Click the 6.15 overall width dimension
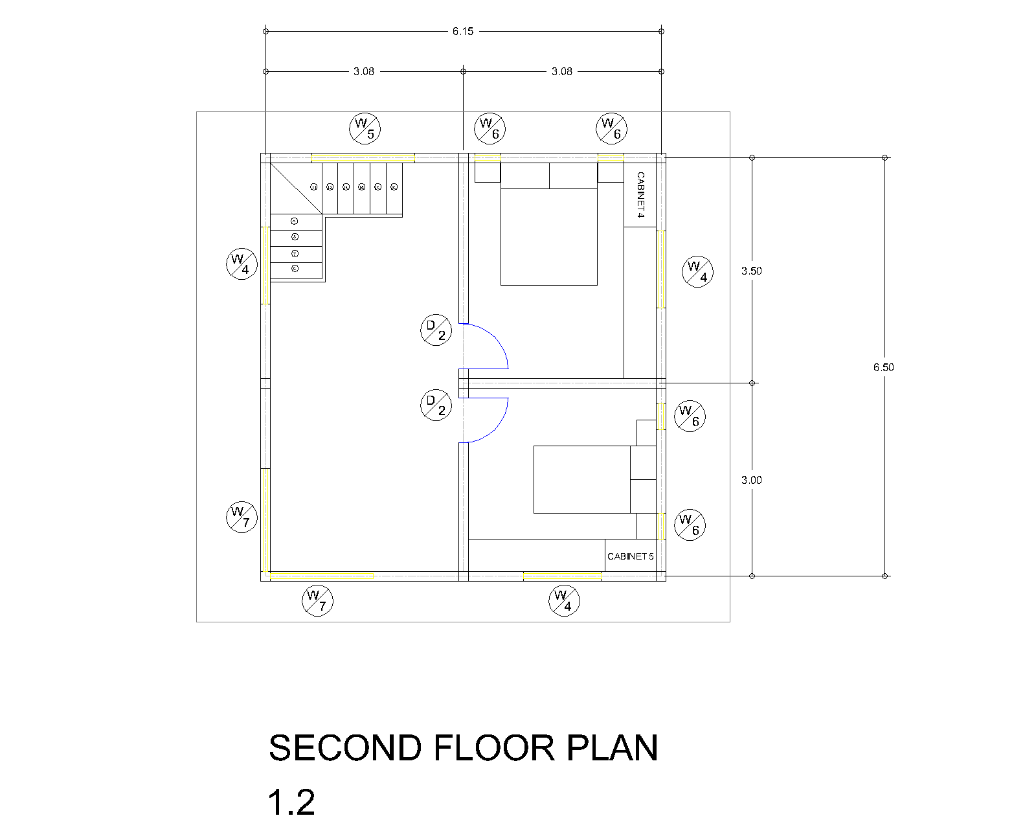463,31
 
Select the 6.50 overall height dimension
883,367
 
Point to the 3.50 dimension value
751,271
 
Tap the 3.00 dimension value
751,480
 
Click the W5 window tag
365,128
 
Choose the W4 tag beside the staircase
242,264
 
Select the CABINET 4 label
640,194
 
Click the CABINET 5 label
630,556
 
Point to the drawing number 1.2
291,802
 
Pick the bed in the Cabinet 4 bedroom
548,236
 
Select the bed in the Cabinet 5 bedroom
581,479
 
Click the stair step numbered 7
295,254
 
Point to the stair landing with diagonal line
296,188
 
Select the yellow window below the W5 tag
363,157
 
